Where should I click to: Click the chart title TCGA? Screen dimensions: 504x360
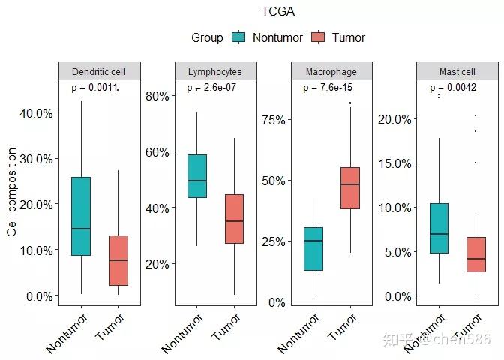pyautogui.click(x=278, y=12)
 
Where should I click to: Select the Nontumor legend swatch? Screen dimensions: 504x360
pyautogui.click(x=238, y=37)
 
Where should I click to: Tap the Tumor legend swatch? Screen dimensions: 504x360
pyautogui.click(x=318, y=37)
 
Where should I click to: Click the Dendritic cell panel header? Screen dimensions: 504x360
pyautogui.click(x=100, y=71)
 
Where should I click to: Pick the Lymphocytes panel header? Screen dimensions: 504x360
pyautogui.click(x=216, y=71)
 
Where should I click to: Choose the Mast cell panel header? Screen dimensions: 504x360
pyautogui.click(x=457, y=71)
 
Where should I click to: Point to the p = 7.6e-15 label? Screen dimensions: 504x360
pyautogui.click(x=328, y=88)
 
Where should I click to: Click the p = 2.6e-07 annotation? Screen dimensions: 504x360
pyautogui.click(x=211, y=88)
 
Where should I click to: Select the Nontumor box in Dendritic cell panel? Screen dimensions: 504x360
pyautogui.click(x=81, y=216)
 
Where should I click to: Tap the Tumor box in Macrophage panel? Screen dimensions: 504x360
pyautogui.click(x=350, y=188)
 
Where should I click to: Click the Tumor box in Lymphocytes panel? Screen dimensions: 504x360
pyautogui.click(x=234, y=219)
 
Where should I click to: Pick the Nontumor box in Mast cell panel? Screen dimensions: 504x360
pyautogui.click(x=439, y=228)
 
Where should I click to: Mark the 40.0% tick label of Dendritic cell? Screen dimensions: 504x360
pyautogui.click(x=36, y=113)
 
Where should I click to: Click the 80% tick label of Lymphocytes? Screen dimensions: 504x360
pyautogui.click(x=157, y=96)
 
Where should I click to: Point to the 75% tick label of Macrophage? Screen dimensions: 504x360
pyautogui.click(x=274, y=120)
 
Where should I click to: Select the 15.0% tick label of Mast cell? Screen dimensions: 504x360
pyautogui.click(x=394, y=163)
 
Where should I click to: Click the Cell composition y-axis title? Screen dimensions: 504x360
pyautogui.click(x=12, y=192)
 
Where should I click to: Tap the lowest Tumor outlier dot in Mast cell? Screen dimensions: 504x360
pyautogui.click(x=475, y=163)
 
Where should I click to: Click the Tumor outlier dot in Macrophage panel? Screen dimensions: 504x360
pyautogui.click(x=350, y=103)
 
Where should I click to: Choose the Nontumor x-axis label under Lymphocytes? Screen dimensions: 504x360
pyautogui.click(x=182, y=333)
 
